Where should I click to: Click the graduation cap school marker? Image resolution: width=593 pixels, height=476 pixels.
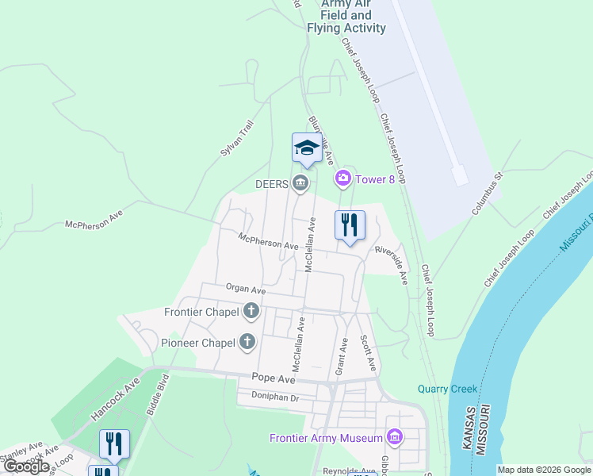click(307, 148)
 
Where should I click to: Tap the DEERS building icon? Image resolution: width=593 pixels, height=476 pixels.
click(300, 183)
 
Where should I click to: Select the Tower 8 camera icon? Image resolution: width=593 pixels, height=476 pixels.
click(343, 178)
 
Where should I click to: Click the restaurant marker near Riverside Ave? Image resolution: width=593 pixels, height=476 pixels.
click(349, 225)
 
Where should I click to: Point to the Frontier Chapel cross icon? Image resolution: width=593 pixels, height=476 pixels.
click(251, 311)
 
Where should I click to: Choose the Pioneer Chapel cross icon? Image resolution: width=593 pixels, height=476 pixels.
click(247, 343)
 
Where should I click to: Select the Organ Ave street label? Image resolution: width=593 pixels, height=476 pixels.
click(245, 290)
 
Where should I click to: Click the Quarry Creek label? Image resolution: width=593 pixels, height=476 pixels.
click(448, 389)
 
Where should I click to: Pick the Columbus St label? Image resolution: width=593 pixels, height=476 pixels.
click(488, 194)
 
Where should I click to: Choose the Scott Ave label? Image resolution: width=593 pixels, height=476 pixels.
click(368, 354)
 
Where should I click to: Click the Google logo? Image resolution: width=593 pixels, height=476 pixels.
click(27, 466)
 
